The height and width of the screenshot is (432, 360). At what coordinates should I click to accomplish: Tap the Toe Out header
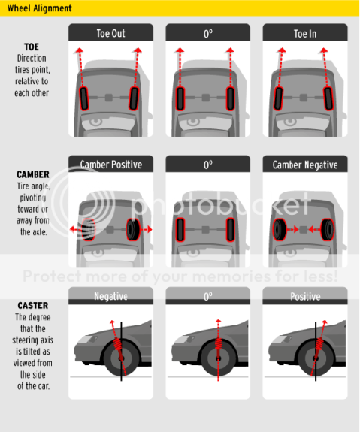pyautogui.click(x=110, y=33)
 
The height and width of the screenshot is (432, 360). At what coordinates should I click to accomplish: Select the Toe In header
pyautogui.click(x=304, y=33)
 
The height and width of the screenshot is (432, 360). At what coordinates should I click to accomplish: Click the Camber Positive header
pyautogui.click(x=110, y=165)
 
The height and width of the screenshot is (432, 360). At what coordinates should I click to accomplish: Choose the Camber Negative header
pyautogui.click(x=304, y=165)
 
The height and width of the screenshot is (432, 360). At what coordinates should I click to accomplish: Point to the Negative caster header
pyautogui.click(x=110, y=296)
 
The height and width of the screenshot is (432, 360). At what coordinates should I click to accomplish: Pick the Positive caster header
pyautogui.click(x=304, y=296)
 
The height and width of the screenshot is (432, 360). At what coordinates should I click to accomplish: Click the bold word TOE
pyautogui.click(x=31, y=46)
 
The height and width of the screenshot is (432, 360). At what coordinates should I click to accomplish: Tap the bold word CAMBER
pyautogui.click(x=32, y=174)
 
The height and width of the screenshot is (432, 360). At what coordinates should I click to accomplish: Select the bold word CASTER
pyautogui.click(x=32, y=306)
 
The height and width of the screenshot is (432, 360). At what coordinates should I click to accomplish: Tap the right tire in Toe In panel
pyautogui.click(x=328, y=97)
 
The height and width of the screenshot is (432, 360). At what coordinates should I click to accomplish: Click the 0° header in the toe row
pyautogui.click(x=207, y=33)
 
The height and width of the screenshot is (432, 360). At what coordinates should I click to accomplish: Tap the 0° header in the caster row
pyautogui.click(x=207, y=296)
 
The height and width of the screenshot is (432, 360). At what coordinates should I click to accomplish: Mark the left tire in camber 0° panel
pyautogui.click(x=182, y=229)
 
